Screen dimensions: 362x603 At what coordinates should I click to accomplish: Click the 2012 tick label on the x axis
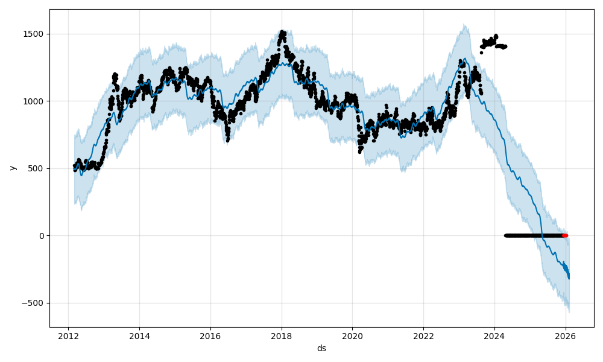68,335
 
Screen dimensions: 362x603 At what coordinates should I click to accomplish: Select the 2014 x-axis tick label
139,335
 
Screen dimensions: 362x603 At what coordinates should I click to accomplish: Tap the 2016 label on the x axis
210,335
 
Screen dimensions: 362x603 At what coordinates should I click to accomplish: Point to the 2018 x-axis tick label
281,335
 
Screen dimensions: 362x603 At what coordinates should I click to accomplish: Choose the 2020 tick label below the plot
352,335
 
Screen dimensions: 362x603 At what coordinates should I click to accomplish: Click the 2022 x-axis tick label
423,335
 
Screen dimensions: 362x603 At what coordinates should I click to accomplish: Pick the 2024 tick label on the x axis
494,335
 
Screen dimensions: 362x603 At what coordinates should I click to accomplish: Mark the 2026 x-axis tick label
566,335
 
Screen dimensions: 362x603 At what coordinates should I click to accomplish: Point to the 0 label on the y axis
42,236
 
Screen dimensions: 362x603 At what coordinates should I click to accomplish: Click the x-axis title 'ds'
321,348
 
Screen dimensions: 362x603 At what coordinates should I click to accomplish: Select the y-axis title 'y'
12,168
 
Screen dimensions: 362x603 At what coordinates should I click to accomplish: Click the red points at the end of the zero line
565,235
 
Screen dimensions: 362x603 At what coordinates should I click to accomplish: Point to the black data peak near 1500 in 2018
282,34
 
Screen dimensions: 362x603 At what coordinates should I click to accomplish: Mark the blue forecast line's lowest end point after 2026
569,278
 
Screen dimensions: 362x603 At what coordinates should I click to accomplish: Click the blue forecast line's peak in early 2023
464,59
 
